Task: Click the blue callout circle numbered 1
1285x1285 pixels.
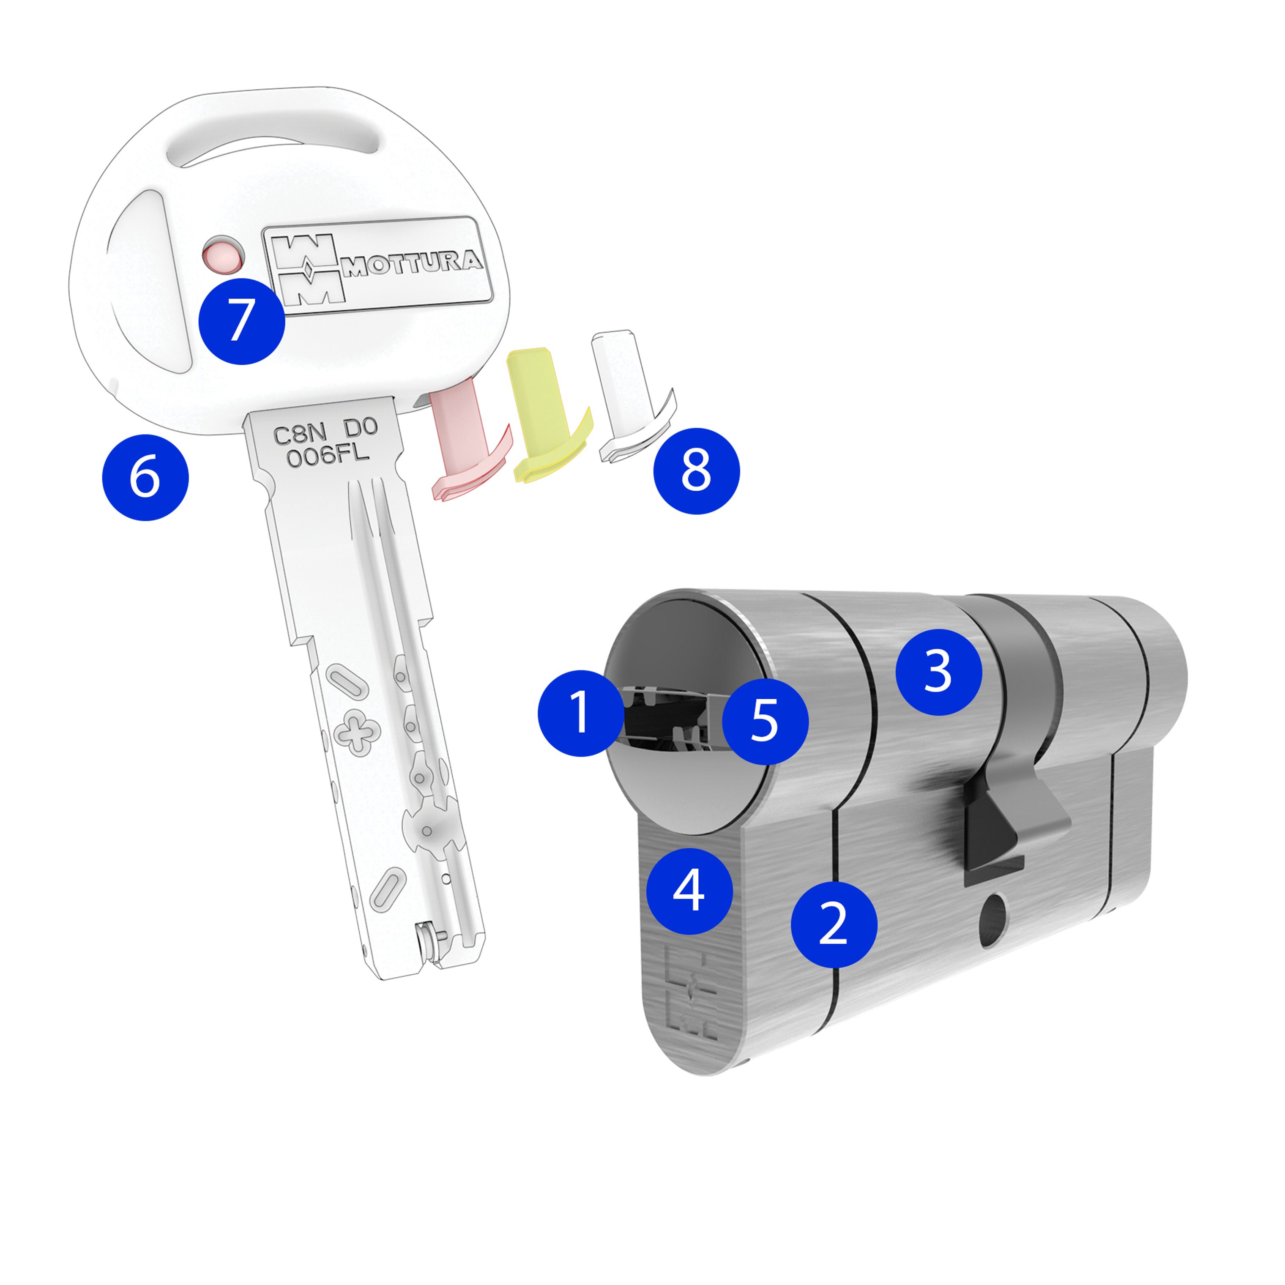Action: pyautogui.click(x=581, y=713)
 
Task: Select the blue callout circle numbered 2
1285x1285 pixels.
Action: pyautogui.click(x=834, y=924)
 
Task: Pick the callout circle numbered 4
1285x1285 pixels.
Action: pyautogui.click(x=690, y=891)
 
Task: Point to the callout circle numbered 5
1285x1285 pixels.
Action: pyautogui.click(x=766, y=721)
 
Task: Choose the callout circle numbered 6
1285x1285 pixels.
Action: pyautogui.click(x=145, y=477)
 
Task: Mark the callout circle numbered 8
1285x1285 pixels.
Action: pyautogui.click(x=696, y=471)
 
